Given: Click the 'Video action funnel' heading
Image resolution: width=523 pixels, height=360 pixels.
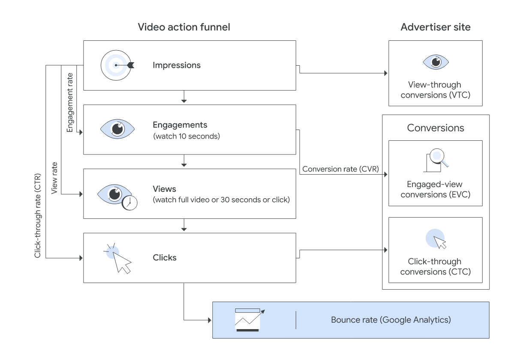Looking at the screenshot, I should [184, 27].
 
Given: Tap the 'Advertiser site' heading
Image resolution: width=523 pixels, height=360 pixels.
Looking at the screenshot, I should [435, 27].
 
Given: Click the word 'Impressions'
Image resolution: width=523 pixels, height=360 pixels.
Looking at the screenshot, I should [177, 65].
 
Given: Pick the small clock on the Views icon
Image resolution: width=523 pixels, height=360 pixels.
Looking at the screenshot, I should [130, 203].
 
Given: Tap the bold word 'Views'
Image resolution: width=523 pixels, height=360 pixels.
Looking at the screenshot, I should [164, 189].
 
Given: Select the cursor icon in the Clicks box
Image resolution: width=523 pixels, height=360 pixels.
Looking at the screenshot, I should [119, 258].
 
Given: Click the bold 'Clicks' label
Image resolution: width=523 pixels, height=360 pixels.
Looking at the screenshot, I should [165, 258].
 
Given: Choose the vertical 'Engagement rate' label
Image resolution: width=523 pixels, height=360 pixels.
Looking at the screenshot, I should [70, 103].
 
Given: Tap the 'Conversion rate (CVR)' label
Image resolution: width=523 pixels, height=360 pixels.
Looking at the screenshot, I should [340, 169].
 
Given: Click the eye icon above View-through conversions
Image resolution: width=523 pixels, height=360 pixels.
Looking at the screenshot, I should [436, 62].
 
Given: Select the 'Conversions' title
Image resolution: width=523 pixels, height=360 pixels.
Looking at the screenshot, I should [436, 128].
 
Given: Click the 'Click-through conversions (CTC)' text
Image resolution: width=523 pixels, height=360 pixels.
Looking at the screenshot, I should [435, 266].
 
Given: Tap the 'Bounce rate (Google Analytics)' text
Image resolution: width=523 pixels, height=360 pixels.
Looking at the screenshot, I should [391, 320].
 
